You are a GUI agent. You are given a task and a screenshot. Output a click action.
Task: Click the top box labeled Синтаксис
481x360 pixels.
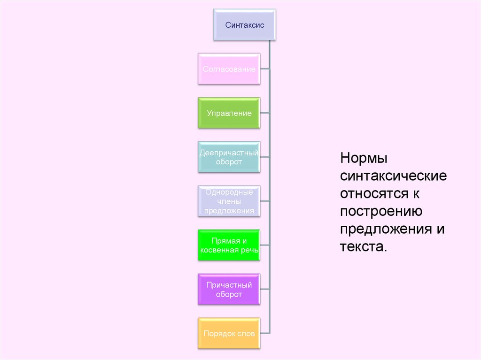click(x=244, y=25)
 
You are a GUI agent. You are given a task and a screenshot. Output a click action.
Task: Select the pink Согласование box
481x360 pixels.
click(x=229, y=69)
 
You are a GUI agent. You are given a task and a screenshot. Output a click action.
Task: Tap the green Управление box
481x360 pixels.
click(x=229, y=113)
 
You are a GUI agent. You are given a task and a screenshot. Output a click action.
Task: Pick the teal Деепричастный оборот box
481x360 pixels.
click(x=229, y=157)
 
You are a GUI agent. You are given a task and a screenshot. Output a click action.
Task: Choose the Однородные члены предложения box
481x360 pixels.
click(x=229, y=201)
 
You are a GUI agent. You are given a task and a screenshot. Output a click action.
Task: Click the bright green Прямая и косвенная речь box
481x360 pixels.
click(x=229, y=245)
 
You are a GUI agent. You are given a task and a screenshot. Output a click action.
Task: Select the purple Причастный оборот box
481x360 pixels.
click(x=229, y=290)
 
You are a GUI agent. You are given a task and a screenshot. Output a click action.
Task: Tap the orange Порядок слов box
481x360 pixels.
click(x=229, y=334)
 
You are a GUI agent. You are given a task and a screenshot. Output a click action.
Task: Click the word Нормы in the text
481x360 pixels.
click(x=364, y=158)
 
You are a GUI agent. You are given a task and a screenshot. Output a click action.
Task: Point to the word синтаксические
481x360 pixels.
click(x=393, y=176)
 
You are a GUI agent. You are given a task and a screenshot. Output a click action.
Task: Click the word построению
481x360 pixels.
click(x=381, y=211)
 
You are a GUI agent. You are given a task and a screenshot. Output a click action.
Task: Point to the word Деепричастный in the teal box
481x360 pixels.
click(x=229, y=153)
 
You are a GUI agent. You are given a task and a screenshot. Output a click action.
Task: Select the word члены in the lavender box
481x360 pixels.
click(x=229, y=201)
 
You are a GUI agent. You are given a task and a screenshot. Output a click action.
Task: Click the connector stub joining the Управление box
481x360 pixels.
click(x=264, y=113)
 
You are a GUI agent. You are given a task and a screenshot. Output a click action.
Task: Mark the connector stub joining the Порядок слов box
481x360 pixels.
click(x=265, y=333)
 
